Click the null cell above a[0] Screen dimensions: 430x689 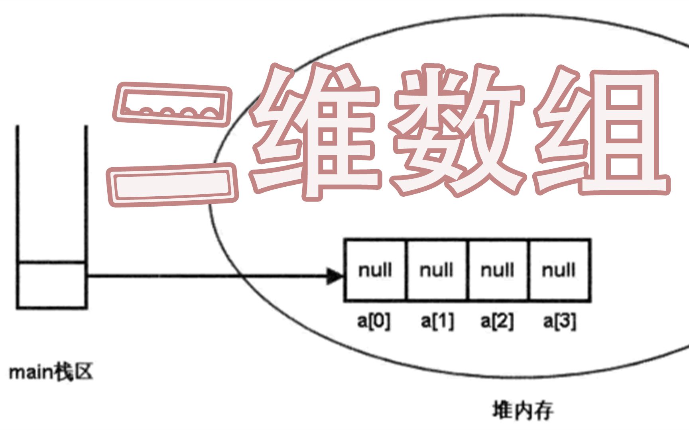click(x=375, y=270)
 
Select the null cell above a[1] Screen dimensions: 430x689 click(x=437, y=270)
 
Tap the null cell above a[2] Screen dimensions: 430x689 click(x=498, y=270)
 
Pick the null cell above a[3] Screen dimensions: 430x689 click(x=559, y=270)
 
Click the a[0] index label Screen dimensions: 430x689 click(x=374, y=321)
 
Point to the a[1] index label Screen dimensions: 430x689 click(x=437, y=321)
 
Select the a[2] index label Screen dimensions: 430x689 click(x=497, y=321)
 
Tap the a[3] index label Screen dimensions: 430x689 click(x=559, y=321)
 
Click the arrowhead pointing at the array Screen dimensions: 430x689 click(x=334, y=276)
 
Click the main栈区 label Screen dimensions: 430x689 click(x=51, y=372)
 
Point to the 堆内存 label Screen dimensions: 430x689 click(x=523, y=410)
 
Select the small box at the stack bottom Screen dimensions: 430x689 click(x=51, y=285)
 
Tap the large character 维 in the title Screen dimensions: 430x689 click(x=315, y=131)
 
